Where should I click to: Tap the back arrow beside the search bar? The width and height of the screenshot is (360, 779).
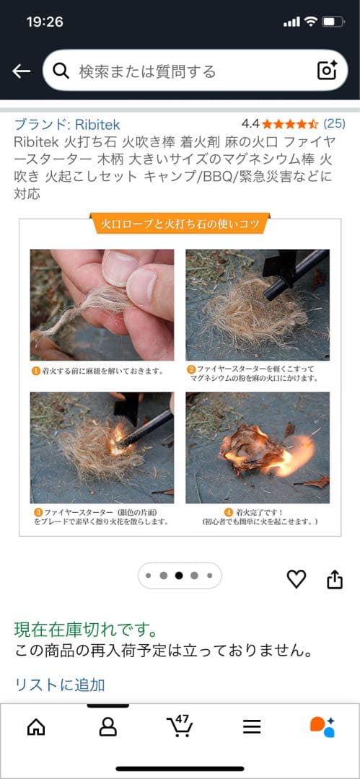click(22, 71)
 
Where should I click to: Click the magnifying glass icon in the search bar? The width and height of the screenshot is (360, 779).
click(61, 71)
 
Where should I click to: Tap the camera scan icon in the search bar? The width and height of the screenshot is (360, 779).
click(327, 71)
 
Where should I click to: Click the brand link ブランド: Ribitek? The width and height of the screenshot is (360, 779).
click(67, 124)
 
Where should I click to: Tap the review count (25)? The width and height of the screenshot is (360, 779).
click(334, 123)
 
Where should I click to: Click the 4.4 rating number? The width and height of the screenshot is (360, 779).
click(250, 123)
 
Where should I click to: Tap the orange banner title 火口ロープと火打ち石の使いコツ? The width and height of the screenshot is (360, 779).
click(180, 224)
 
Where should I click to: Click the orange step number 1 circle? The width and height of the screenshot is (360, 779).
click(35, 372)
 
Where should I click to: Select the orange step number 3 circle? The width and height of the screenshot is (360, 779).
click(35, 511)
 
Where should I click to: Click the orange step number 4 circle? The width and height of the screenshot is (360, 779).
click(229, 511)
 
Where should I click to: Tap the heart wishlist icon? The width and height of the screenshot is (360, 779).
click(297, 578)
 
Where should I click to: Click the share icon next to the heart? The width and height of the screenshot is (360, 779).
click(335, 578)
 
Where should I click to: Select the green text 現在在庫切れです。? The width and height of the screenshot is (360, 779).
click(87, 630)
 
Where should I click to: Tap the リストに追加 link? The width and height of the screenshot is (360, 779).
click(60, 684)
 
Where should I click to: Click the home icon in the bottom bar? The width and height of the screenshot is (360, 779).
click(36, 727)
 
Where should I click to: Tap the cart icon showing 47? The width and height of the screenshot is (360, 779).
click(179, 726)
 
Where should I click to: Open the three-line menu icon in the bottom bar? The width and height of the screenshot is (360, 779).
click(252, 727)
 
